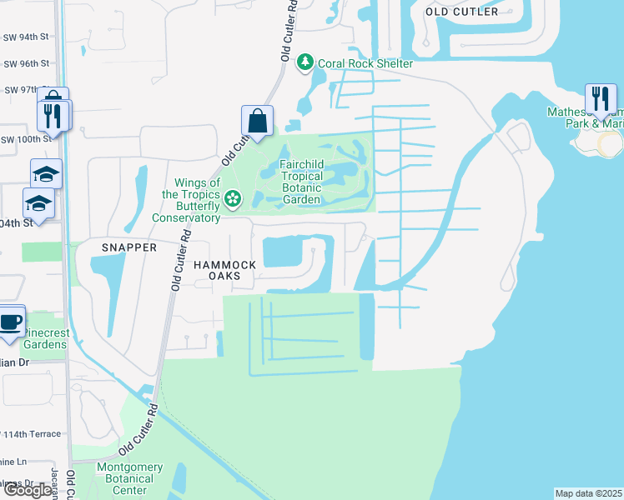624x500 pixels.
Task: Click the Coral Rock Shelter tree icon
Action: (x=306, y=63)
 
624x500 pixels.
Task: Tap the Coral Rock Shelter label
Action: (x=365, y=64)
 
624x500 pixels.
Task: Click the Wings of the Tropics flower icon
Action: (x=233, y=198)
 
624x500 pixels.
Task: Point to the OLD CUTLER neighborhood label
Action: (x=461, y=12)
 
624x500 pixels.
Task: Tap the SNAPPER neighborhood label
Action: (x=129, y=248)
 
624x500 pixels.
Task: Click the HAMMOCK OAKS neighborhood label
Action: (x=224, y=270)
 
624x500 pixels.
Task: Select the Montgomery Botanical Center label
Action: (x=124, y=479)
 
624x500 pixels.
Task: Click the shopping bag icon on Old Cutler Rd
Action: (x=258, y=121)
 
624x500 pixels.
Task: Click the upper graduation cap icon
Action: (x=47, y=174)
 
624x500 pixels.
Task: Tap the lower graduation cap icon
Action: (x=38, y=203)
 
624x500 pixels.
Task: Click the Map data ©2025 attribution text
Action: (x=588, y=493)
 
